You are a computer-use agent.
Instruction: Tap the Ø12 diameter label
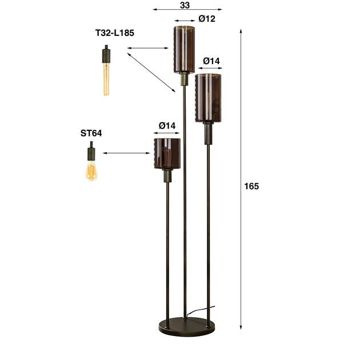pos(207,19)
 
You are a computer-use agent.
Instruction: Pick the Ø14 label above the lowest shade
pos(167,125)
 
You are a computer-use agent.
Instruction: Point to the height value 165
pos(251,186)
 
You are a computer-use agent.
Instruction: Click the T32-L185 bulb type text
pos(114,33)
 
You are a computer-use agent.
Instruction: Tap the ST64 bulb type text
pos(91,133)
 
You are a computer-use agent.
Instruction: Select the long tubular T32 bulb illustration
pos(106,74)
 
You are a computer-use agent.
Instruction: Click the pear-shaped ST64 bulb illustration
pos(91,169)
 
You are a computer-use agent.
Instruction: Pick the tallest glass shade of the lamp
pos(185,49)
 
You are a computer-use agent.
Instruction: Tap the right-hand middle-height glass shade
pos(208,98)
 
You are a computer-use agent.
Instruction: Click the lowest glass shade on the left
pos(167,153)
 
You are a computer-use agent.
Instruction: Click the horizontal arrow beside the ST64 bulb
pos(126,153)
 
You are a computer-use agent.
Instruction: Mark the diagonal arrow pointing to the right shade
pos(151,71)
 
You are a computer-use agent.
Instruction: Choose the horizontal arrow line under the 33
pos(187,10)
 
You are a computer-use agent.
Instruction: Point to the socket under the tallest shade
pos(185,79)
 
